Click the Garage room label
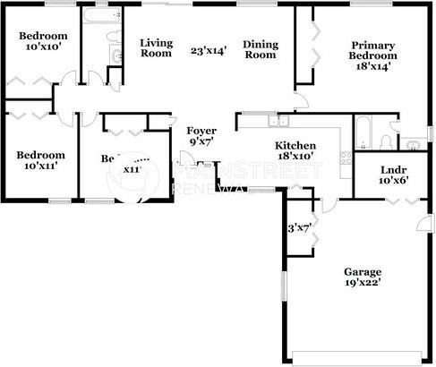pyautogui.click(x=363, y=271)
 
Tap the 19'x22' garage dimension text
pyautogui.click(x=363, y=283)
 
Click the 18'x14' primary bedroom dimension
pyautogui.click(x=373, y=66)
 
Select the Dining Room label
pyautogui.click(x=261, y=49)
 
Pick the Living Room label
pyautogui.click(x=157, y=47)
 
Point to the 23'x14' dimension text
pyautogui.click(x=207, y=49)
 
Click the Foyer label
pyautogui.click(x=201, y=131)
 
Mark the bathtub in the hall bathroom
pyautogui.click(x=93, y=19)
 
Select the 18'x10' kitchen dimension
pyautogui.click(x=294, y=156)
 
